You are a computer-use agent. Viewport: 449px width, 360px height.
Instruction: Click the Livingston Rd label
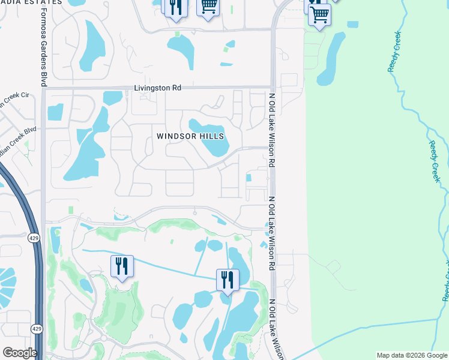(158, 88)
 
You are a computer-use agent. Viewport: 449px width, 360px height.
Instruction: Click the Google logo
(20, 353)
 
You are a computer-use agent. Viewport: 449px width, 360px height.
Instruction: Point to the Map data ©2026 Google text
(412, 355)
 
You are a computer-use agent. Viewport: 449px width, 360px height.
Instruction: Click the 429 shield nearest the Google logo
(36, 329)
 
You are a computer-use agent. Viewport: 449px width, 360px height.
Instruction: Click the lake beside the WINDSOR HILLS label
(210, 136)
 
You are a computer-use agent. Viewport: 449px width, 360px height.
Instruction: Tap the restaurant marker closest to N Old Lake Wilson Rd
(228, 280)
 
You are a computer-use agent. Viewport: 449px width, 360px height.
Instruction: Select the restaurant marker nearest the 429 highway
(122, 266)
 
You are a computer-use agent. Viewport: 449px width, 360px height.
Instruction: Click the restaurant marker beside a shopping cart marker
(175, 7)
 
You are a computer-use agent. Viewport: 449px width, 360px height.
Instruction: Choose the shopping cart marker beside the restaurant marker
(208, 7)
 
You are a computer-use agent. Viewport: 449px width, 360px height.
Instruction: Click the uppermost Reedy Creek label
(394, 52)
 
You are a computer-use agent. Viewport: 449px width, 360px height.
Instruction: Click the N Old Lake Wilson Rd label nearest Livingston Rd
(272, 130)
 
